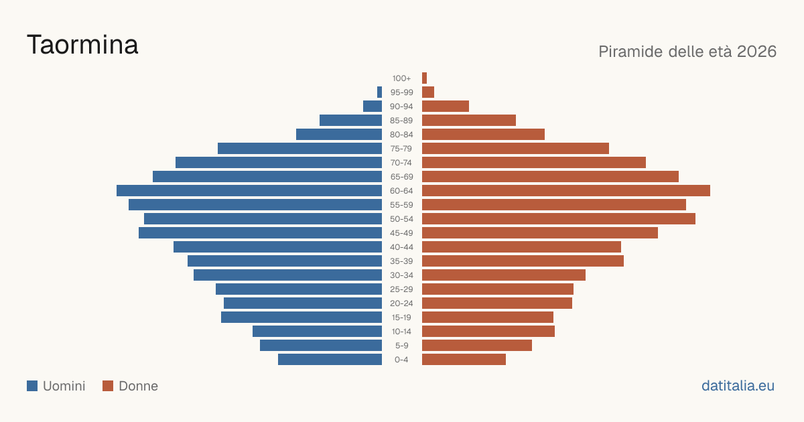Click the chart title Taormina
pyautogui.click(x=82, y=45)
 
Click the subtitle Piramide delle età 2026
pyautogui.click(x=687, y=52)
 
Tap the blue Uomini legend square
pyautogui.click(x=32, y=386)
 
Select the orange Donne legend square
pyautogui.click(x=108, y=386)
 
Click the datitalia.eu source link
pyautogui.click(x=738, y=386)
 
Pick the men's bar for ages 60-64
pyautogui.click(x=249, y=190)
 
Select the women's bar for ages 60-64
pyautogui.click(x=566, y=190)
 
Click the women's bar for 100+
pyautogui.click(x=424, y=78)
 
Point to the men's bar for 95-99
pyautogui.click(x=379, y=92)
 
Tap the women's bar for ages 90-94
pyautogui.click(x=446, y=107)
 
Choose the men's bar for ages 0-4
pyautogui.click(x=330, y=359)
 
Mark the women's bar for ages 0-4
pyautogui.click(x=464, y=359)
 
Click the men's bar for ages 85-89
pyautogui.click(x=350, y=120)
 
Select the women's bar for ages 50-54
pyautogui.click(x=559, y=219)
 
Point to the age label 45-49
pyautogui.click(x=401, y=233)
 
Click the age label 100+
pyautogui.click(x=401, y=78)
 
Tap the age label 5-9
pyautogui.click(x=401, y=346)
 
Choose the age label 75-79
pyautogui.click(x=401, y=149)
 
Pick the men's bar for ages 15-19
pyautogui.click(x=301, y=318)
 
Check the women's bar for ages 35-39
pyautogui.click(x=523, y=261)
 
